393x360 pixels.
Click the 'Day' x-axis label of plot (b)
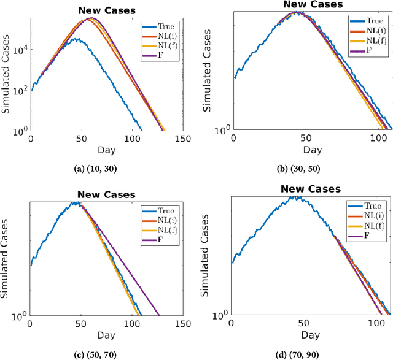click(312, 149)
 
